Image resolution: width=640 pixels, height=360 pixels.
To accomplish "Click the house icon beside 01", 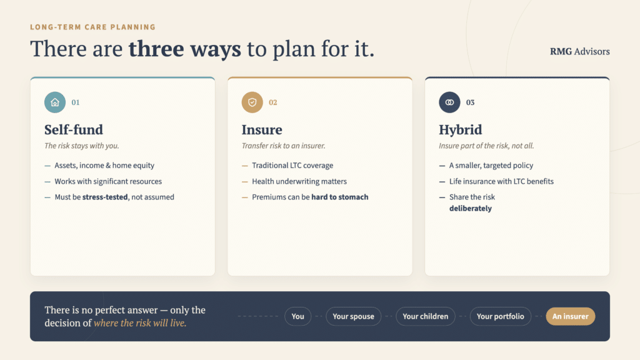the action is (x=55, y=102).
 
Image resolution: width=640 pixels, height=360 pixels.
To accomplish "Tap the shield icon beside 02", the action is (x=252, y=102).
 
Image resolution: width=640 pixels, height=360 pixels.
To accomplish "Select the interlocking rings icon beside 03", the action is (x=449, y=102).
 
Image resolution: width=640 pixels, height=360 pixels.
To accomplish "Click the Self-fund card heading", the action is (x=74, y=130).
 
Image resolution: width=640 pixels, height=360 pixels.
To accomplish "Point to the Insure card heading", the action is (x=262, y=130).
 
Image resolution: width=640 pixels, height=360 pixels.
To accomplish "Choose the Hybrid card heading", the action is (x=461, y=130).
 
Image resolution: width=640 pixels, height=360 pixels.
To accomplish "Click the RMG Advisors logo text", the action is (x=579, y=51).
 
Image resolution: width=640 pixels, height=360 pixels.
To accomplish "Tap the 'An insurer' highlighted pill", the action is (x=570, y=316).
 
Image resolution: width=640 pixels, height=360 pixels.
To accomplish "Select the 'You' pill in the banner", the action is (x=297, y=316).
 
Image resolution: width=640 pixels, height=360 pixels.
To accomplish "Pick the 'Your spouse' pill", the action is (x=354, y=316).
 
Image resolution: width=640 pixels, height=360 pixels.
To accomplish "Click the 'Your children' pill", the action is (x=425, y=316).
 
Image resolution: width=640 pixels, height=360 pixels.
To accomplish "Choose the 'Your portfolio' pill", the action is (x=501, y=316).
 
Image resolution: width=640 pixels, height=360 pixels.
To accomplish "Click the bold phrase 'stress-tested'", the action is (x=105, y=197).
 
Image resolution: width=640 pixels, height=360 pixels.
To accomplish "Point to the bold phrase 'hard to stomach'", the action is (x=339, y=197).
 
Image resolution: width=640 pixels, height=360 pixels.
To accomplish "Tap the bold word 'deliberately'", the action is (x=471, y=209).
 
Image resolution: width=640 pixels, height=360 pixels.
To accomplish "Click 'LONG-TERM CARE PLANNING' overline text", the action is (x=93, y=27).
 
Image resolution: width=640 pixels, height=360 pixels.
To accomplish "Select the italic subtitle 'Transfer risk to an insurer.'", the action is (x=283, y=146).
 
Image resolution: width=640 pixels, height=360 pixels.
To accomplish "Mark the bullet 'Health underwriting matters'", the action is (x=299, y=181).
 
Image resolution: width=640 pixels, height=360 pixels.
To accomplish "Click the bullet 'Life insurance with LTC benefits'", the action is (x=501, y=181).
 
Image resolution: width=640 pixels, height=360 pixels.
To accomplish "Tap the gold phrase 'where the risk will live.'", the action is (x=140, y=323).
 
